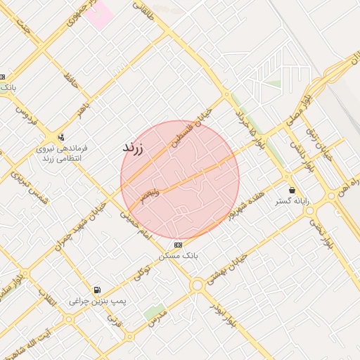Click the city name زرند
133,148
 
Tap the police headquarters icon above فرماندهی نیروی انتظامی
61,137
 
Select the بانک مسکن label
179,256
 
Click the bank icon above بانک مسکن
179,245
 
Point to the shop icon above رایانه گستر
292,190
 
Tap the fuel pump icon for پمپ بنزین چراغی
97,290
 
